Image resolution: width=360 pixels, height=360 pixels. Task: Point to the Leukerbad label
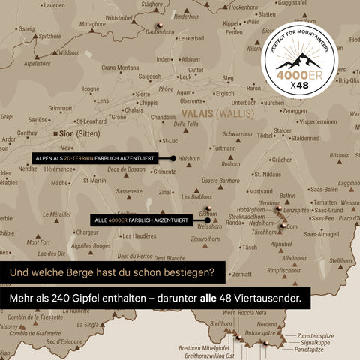191,38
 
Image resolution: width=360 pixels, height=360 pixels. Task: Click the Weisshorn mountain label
209,226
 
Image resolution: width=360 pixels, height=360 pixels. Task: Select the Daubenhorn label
159,31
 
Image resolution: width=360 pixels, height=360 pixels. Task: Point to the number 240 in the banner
82,298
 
